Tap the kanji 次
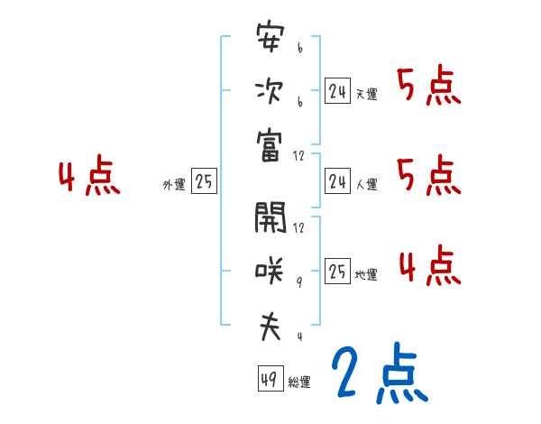click(x=270, y=92)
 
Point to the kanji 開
click(x=270, y=217)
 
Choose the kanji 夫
click(x=270, y=326)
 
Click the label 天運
click(x=366, y=94)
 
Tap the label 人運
click(x=366, y=184)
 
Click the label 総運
click(x=299, y=383)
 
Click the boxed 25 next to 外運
click(x=204, y=182)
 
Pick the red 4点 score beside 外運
click(x=89, y=178)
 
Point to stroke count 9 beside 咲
click(x=299, y=282)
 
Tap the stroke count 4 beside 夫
click(x=299, y=337)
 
